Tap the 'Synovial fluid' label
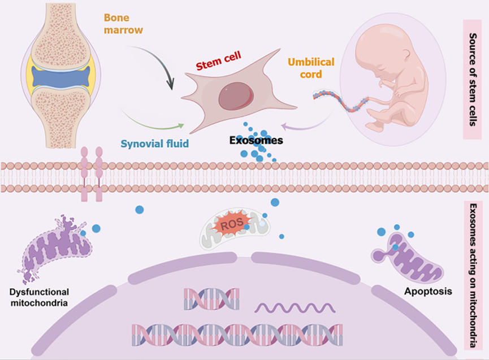click(154, 143)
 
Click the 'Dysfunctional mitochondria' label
click(39, 297)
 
